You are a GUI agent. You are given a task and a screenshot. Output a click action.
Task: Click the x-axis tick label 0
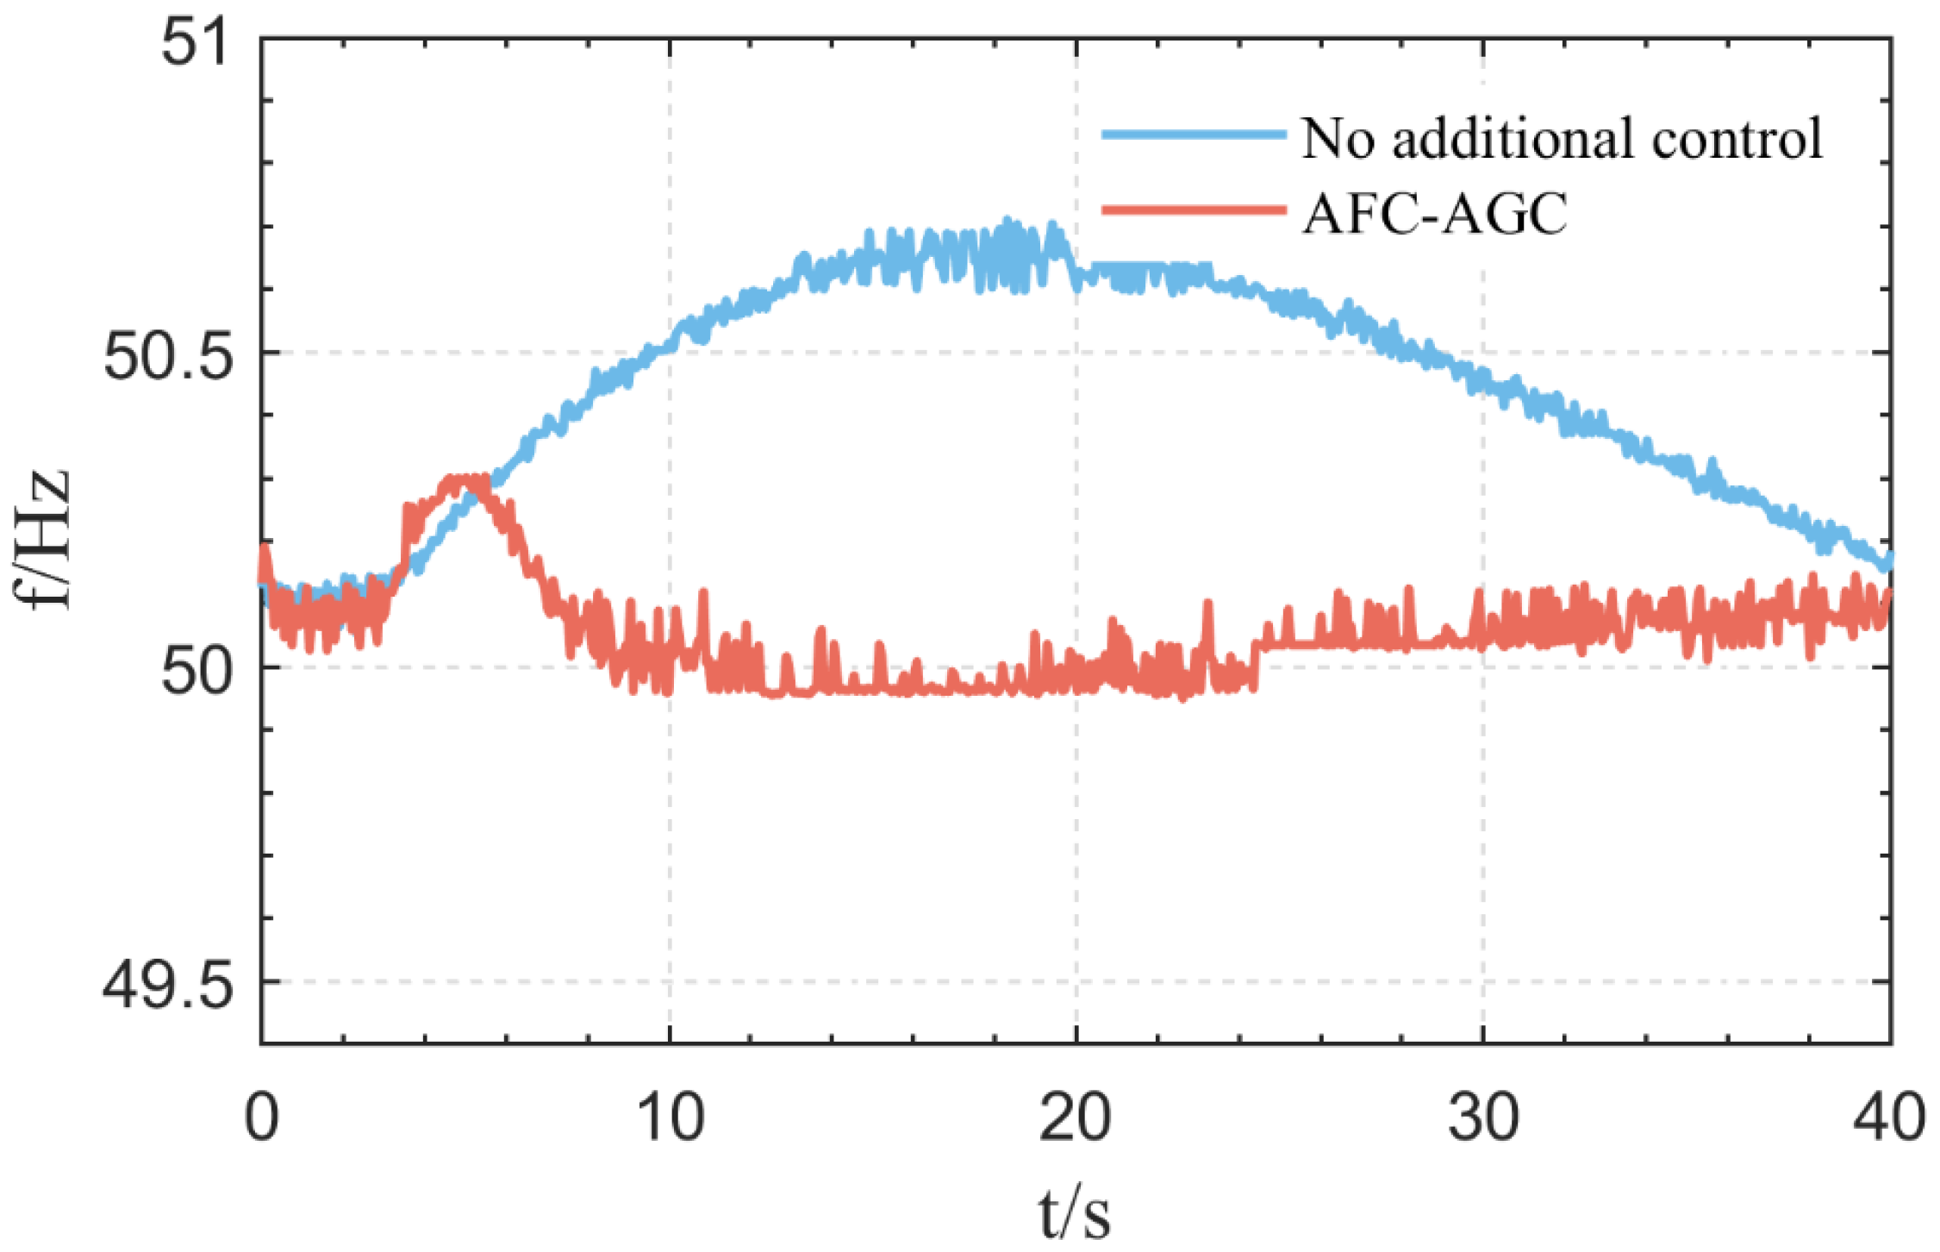(261, 1117)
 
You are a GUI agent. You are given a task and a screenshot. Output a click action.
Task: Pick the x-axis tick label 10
(670, 1117)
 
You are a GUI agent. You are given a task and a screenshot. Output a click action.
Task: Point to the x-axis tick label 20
(1076, 1117)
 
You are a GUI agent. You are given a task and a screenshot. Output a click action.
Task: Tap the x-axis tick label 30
(1482, 1117)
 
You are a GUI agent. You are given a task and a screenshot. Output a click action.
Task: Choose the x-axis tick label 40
(1889, 1117)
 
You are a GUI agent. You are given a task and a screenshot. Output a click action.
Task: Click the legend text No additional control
(1562, 138)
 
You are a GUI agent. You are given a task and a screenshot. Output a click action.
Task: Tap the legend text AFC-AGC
(1435, 214)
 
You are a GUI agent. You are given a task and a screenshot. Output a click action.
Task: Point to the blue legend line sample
(1194, 135)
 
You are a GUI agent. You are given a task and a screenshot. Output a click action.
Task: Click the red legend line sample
(1194, 209)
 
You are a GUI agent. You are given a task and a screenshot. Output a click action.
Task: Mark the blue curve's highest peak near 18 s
(1007, 222)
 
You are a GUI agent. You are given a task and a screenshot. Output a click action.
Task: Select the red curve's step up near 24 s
(1257, 664)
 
